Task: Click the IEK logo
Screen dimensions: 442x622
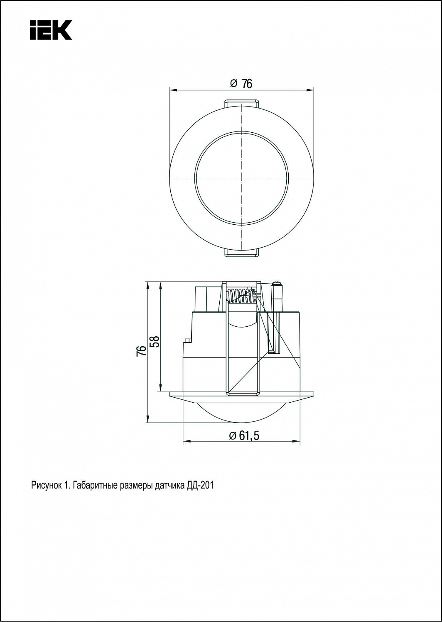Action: click(51, 30)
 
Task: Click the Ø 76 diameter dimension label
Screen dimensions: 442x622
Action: click(241, 83)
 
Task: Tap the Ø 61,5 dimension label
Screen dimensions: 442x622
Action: click(244, 436)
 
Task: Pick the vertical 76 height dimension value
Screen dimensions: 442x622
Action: click(142, 351)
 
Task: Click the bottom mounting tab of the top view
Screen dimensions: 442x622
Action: click(241, 253)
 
